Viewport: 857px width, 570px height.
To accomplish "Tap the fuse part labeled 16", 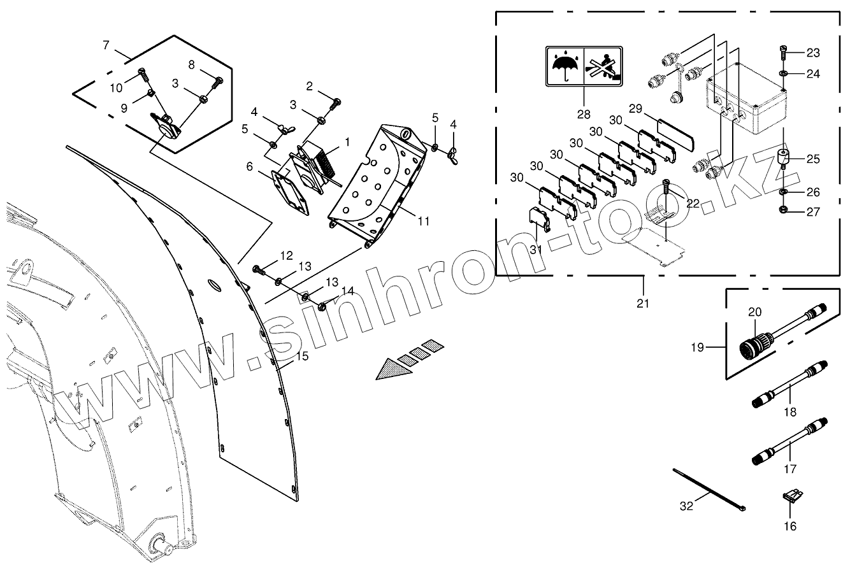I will point(791,496).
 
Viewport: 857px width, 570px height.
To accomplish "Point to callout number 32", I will point(686,507).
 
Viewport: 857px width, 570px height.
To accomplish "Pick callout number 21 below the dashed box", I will point(643,303).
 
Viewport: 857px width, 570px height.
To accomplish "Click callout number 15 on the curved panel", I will point(302,356).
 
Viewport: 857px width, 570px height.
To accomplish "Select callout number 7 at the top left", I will point(106,46).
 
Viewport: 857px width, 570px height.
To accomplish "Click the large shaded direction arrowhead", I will point(392,368).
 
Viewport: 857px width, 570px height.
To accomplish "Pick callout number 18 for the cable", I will point(790,412).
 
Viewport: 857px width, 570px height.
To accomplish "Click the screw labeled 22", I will point(666,187).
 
